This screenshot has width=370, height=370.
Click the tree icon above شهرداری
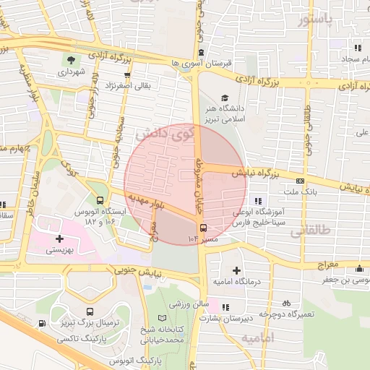[x=72, y=60]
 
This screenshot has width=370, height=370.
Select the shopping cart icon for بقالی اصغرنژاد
[x=128, y=74]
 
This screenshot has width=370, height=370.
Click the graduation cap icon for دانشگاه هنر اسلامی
[x=224, y=98]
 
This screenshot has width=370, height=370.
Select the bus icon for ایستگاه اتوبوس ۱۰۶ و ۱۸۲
[x=100, y=200]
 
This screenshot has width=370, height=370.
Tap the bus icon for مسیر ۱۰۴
[x=202, y=228]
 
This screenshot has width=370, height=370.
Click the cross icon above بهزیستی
[x=59, y=238]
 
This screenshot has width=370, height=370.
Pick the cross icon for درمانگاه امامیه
[x=236, y=270]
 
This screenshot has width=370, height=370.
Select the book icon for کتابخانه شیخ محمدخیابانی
[x=171, y=317]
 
